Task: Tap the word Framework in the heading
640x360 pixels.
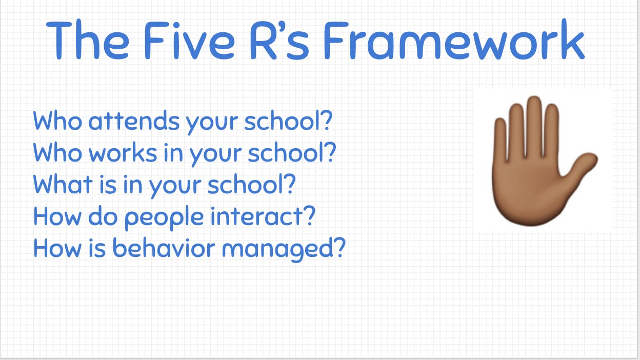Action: click(x=454, y=39)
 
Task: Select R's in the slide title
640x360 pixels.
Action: click(x=279, y=40)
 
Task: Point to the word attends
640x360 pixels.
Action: click(x=134, y=121)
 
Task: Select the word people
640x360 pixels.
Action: click(x=164, y=217)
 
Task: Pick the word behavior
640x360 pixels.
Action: click(x=164, y=247)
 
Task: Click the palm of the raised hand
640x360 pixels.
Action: click(x=529, y=191)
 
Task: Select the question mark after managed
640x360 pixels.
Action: click(x=340, y=247)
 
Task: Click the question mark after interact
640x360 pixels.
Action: click(x=309, y=215)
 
